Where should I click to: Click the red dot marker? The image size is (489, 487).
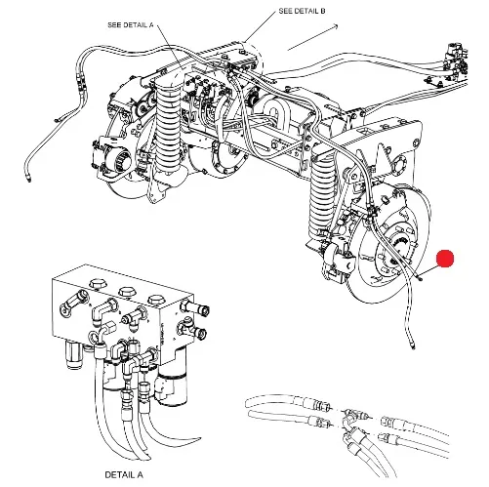[x=445, y=259]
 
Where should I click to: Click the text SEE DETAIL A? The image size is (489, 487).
[x=131, y=25]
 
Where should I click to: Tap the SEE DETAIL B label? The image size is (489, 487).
[x=302, y=11]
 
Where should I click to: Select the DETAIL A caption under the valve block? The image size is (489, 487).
[x=124, y=475]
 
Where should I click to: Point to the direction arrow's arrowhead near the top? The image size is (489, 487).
[x=335, y=26]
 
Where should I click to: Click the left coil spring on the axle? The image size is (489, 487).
[x=169, y=130]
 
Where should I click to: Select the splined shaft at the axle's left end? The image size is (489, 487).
[x=123, y=159]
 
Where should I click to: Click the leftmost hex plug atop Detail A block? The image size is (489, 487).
[x=98, y=284]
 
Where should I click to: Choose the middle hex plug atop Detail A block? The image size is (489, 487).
[x=127, y=292]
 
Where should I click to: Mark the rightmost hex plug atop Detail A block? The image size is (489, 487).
[x=156, y=301]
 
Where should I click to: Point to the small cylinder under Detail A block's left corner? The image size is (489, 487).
[x=73, y=355]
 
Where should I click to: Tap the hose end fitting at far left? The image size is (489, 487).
[x=29, y=178]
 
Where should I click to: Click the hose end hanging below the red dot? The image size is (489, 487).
[x=412, y=345]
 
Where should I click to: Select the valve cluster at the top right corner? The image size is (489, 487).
[x=456, y=61]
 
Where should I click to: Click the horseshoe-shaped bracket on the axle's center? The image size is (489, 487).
[x=275, y=110]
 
